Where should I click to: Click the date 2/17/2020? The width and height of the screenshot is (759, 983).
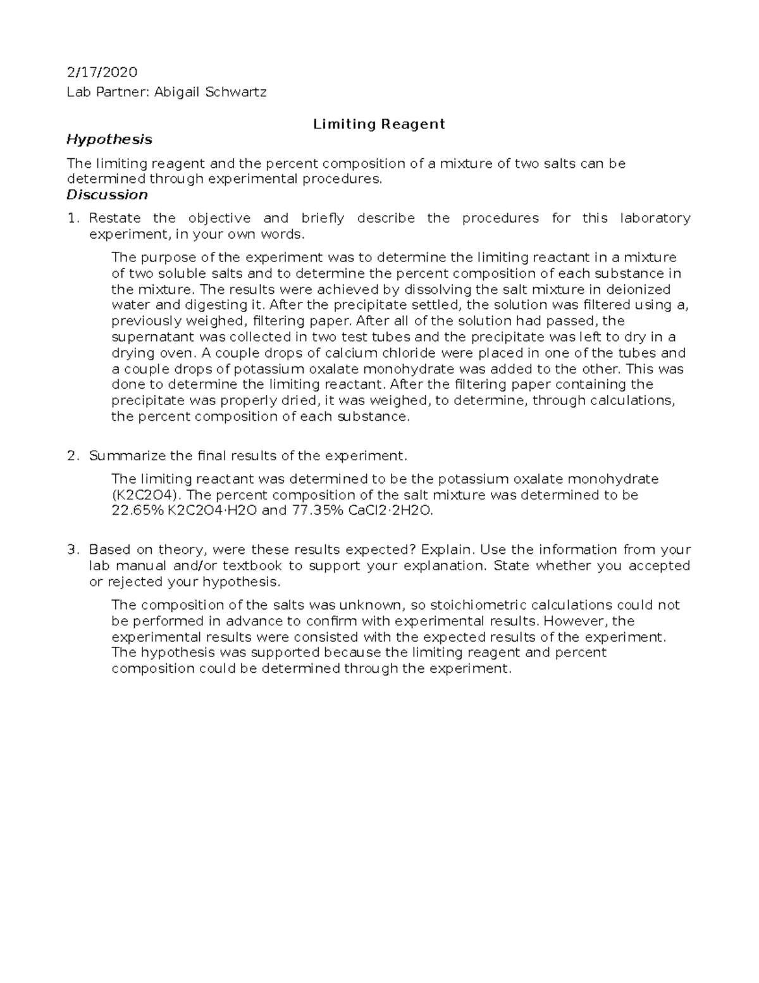[102, 72]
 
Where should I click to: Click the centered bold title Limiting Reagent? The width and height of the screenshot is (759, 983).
[379, 124]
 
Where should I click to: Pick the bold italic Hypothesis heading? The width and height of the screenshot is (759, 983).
[109, 139]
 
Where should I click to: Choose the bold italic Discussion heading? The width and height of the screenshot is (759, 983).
[107, 195]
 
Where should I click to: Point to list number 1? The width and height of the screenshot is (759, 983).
[73, 218]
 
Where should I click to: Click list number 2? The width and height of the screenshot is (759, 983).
[73, 456]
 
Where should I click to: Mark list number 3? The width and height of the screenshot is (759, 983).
[73, 549]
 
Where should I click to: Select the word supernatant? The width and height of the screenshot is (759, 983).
[151, 337]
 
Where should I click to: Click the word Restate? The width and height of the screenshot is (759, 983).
[115, 218]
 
